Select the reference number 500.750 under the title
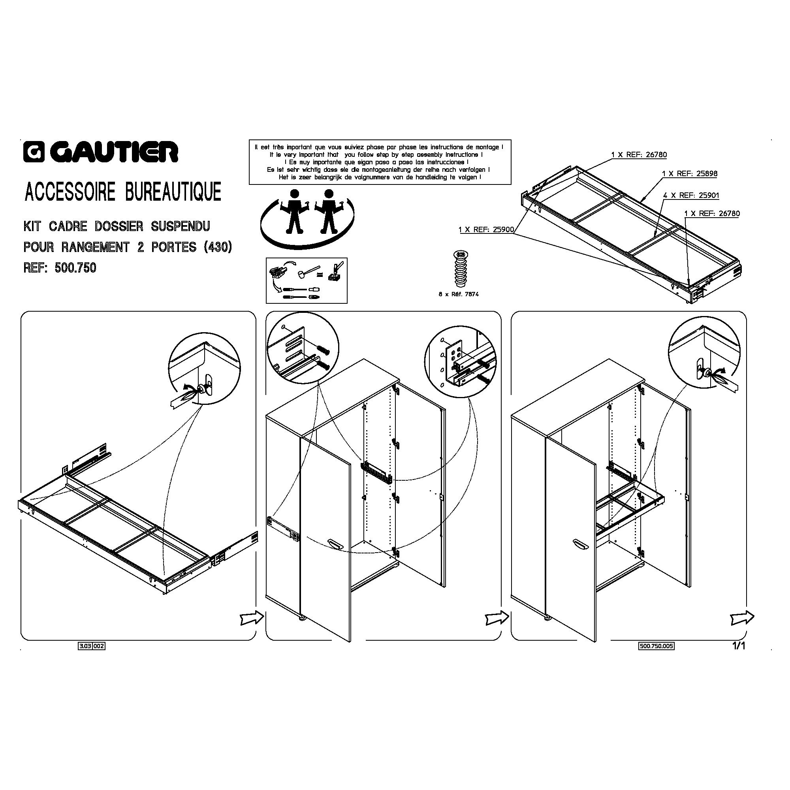pos(75,268)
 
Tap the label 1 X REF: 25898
pos(689,173)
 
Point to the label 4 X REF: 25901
pos(691,196)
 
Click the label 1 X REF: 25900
pos(486,230)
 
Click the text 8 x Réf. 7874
pos(459,294)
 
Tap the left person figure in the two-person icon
pos(293,211)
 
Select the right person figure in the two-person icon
pos(328,211)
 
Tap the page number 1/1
pos(739,646)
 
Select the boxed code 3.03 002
pos(92,647)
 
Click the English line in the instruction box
pos(376,154)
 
